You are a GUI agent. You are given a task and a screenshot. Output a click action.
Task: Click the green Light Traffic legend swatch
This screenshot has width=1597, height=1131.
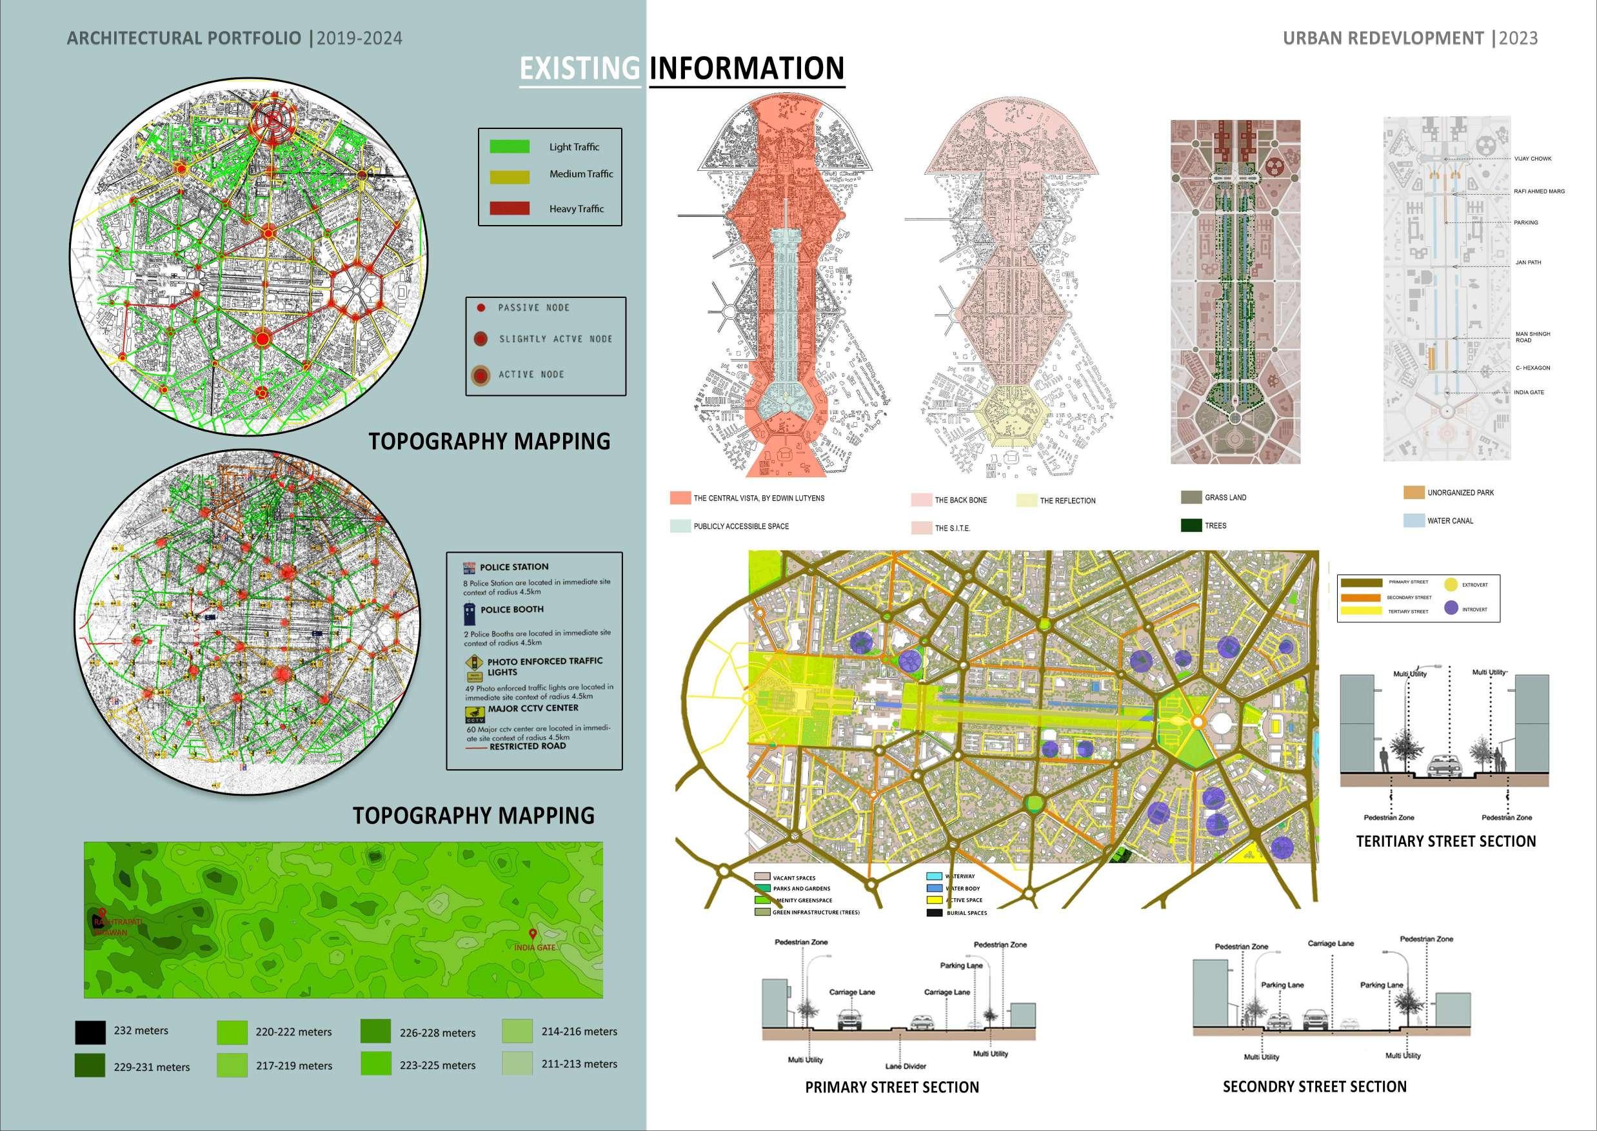pos(509,147)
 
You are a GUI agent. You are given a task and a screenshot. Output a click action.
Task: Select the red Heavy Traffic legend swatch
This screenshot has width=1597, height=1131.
pos(509,208)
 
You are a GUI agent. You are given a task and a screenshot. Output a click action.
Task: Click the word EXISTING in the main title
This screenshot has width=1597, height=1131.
pos(579,68)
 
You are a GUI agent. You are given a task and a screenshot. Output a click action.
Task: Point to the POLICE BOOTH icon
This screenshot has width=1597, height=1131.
pos(471,615)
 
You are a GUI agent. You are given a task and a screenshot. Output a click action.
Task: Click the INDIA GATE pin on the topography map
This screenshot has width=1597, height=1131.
pos(533,934)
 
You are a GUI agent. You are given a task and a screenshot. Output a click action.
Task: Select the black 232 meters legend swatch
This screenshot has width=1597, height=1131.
pos(90,1032)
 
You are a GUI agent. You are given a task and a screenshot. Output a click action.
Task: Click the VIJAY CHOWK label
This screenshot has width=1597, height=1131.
pos(1533,159)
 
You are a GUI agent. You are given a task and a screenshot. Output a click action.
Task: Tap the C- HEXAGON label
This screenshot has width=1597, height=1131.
pos(1533,368)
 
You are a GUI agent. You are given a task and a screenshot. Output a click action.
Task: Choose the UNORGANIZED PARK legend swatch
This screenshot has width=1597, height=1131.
pos(1414,493)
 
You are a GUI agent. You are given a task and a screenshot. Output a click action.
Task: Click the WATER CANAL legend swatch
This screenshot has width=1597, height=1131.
pos(1414,520)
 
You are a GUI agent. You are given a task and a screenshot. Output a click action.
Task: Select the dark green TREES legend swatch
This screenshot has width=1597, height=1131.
pos(1192,525)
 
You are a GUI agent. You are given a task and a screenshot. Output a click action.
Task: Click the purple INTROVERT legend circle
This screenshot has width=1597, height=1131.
pos(1451,608)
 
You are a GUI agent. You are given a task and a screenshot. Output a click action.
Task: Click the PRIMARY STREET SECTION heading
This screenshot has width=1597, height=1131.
pos(891,1087)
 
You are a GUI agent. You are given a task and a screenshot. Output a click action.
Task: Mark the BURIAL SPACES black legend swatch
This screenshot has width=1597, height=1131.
pos(934,912)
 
